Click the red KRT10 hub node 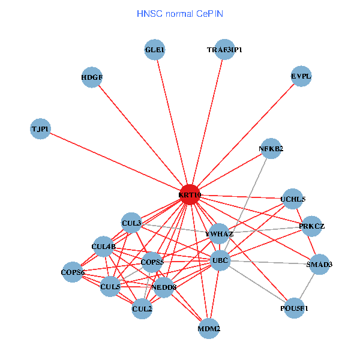point(190,195)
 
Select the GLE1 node point(155,50)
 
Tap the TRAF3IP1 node point(224,50)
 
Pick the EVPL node point(301,76)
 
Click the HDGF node point(92,77)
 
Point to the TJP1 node point(41,129)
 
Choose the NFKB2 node point(271,149)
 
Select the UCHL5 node point(293,199)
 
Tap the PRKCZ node point(311,226)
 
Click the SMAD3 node point(319,265)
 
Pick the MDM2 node point(209,329)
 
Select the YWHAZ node point(219,233)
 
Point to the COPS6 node point(73,273)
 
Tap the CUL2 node point(142,309)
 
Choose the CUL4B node point(103,246)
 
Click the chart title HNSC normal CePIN point(181,13)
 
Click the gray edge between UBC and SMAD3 point(270,262)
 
